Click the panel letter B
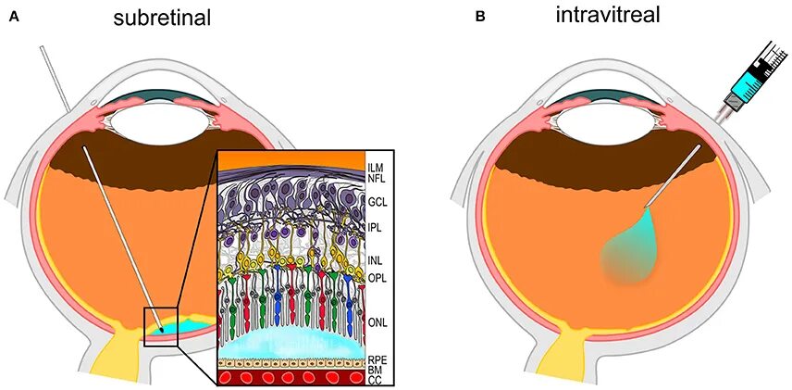click(x=479, y=17)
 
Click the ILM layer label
click(x=375, y=168)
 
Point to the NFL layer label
click(x=376, y=178)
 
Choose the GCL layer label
click(x=376, y=200)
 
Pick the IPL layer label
click(x=374, y=227)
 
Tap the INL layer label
click(x=374, y=262)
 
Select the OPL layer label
click(x=376, y=278)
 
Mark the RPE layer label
click(x=376, y=360)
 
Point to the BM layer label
click(x=374, y=371)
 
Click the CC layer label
click(x=374, y=380)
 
